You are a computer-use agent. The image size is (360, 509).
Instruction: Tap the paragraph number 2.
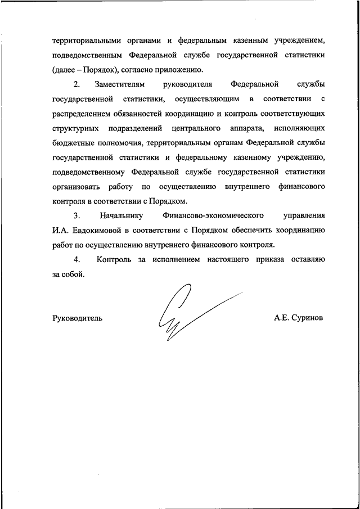77,85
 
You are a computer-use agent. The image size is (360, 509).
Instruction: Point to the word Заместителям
120,85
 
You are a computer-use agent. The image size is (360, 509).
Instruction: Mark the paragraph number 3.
77,216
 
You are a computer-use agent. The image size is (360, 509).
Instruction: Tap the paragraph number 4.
77,260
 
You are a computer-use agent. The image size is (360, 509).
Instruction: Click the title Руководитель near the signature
77,318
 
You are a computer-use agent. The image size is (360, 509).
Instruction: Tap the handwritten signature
180,312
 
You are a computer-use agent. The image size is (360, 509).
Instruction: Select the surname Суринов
307,318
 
